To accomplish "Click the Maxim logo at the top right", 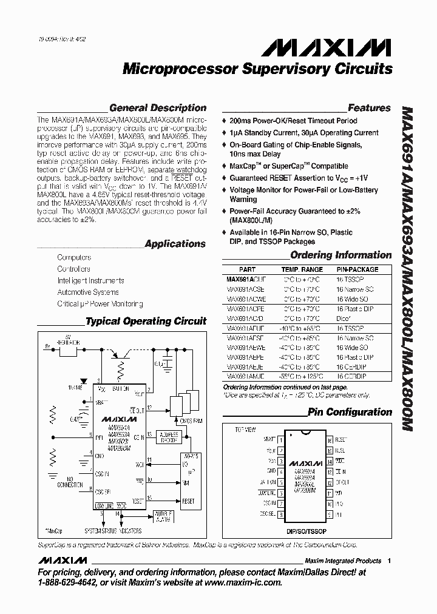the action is (348, 46).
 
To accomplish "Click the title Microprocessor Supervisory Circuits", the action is (257, 69).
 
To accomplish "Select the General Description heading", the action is (158, 108).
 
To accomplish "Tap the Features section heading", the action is (369, 108).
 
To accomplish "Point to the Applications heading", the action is (175, 244).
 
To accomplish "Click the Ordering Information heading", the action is (340, 255).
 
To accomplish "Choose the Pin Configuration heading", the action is (350, 412).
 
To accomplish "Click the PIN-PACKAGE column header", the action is (357, 269).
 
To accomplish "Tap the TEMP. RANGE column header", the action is (302, 269).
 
